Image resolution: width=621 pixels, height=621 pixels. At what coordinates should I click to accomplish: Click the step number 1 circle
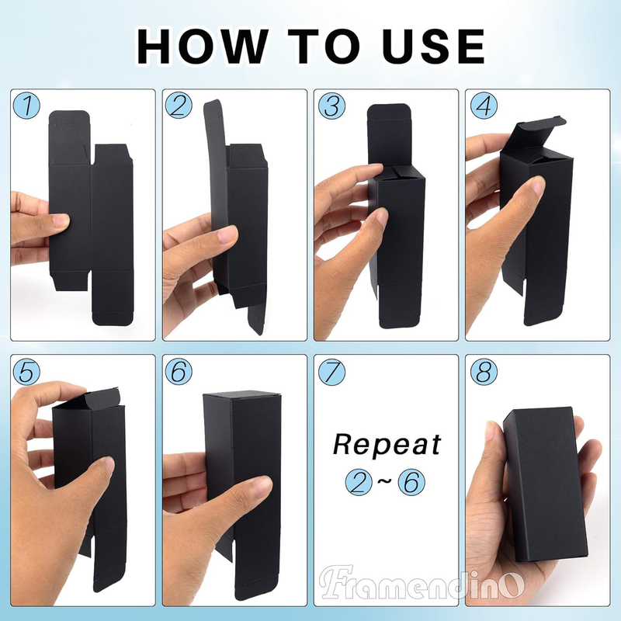click(x=26, y=106)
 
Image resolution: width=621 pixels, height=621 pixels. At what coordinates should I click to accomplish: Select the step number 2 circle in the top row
click(x=179, y=106)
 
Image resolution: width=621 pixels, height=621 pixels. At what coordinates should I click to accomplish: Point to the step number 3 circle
click(x=331, y=106)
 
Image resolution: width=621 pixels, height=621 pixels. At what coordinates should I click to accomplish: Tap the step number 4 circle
click(x=484, y=106)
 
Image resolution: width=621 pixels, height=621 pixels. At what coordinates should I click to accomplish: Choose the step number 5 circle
click(x=26, y=372)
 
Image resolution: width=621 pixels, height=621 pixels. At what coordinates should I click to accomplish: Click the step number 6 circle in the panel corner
click(x=179, y=372)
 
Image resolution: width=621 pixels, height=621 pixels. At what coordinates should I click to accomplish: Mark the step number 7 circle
click(x=331, y=372)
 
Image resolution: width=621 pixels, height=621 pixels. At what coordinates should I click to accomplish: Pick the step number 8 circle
click(x=484, y=372)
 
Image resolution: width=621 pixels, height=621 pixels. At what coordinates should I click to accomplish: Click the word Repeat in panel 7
click(x=387, y=445)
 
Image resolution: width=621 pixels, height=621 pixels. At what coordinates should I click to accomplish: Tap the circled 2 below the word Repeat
click(x=359, y=481)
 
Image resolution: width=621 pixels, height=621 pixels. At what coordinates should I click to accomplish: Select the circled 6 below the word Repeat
click(x=411, y=481)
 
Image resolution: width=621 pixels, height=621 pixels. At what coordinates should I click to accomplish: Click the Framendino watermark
click(x=422, y=582)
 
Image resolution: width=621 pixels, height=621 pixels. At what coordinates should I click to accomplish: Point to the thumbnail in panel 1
click(x=60, y=220)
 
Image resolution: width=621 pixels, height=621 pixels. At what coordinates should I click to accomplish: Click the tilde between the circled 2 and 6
click(x=385, y=481)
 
